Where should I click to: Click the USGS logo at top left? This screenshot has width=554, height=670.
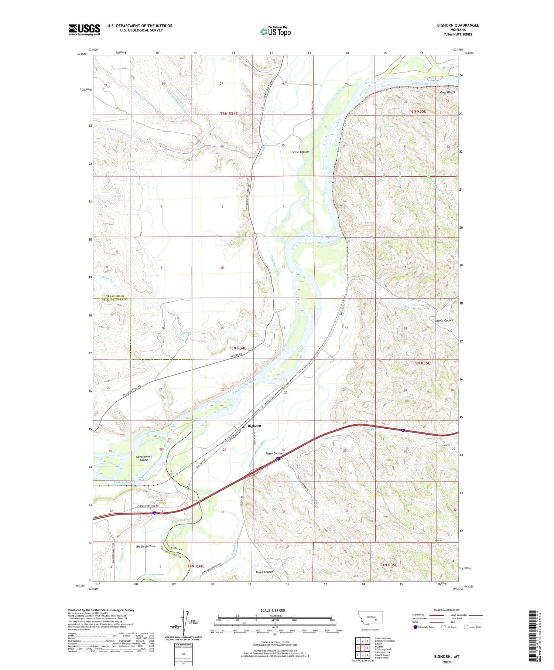[x=84, y=30]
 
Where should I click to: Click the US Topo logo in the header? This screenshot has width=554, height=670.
[x=275, y=32]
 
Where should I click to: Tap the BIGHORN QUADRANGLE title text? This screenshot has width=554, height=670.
[x=458, y=25]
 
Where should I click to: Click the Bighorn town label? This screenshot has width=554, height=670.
[x=254, y=426]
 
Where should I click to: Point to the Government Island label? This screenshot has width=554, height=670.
[x=144, y=458]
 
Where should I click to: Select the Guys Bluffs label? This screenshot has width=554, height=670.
[x=447, y=92]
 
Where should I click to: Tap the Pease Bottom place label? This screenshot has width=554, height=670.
[x=300, y=152]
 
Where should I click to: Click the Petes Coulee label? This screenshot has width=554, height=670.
[x=274, y=453]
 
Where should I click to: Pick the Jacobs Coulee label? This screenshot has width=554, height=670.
[x=444, y=320]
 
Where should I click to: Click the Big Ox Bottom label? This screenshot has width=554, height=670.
[x=146, y=546]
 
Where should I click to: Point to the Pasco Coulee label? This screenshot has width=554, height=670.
[x=264, y=572]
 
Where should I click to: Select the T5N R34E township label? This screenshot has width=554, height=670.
[x=237, y=348]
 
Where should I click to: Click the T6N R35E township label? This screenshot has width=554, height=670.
[x=417, y=111]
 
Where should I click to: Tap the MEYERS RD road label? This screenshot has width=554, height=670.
[x=235, y=355]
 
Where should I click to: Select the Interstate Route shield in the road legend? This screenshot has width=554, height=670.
[x=415, y=627]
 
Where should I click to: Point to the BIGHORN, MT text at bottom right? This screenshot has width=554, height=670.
[x=447, y=657]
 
